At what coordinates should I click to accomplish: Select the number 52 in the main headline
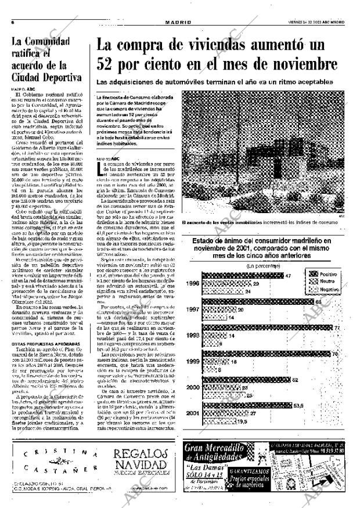(111, 64)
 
